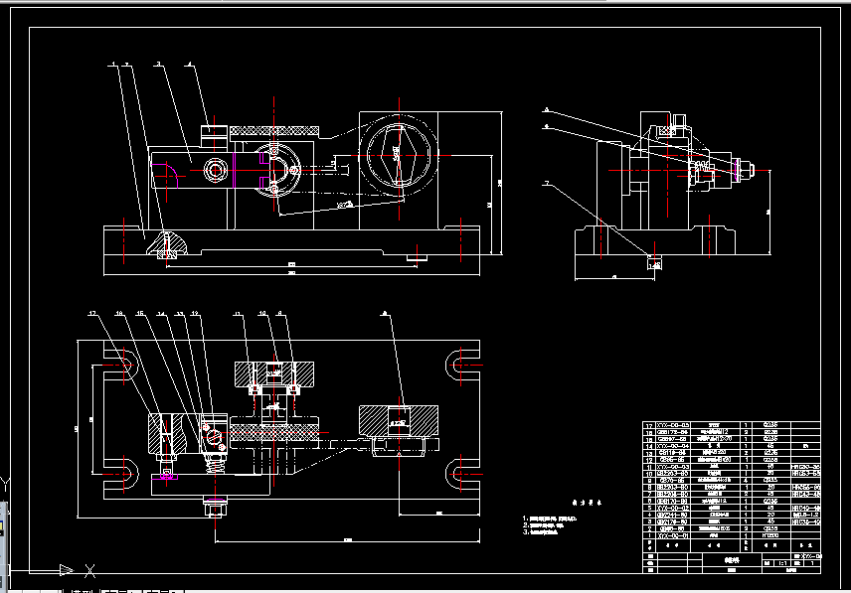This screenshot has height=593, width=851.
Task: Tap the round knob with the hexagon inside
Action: (397, 154)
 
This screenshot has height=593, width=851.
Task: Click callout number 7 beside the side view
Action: (546, 184)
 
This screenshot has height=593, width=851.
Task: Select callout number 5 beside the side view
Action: (546, 108)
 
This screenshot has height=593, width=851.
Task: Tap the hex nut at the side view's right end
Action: (744, 170)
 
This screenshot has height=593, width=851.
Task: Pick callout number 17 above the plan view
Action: (93, 315)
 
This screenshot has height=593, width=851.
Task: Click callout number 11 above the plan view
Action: (238, 315)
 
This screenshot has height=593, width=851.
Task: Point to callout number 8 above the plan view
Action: (279, 315)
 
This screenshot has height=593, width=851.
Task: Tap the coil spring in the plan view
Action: (212, 458)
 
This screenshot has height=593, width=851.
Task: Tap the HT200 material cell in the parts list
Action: (769, 536)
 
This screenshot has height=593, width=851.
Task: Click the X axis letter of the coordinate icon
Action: (90, 570)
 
